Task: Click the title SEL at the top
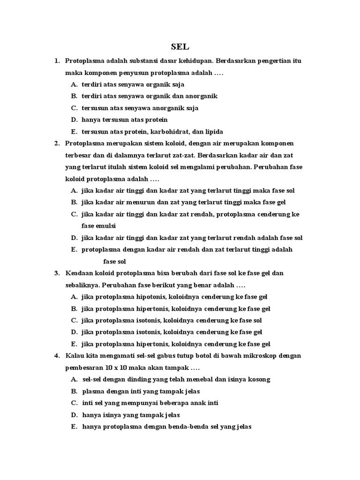point(180,47)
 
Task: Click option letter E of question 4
point(74,427)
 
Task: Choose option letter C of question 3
point(74,321)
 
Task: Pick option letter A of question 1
point(74,84)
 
